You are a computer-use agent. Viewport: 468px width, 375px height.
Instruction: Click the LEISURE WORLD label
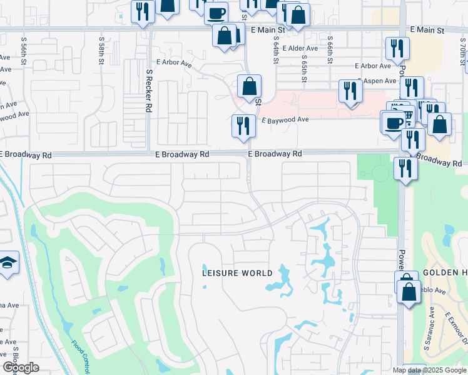point(237,273)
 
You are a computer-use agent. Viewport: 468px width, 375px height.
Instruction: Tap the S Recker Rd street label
point(149,91)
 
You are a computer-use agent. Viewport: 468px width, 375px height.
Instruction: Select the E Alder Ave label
point(300,48)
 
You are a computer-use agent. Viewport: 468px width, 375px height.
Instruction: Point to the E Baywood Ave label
point(285,119)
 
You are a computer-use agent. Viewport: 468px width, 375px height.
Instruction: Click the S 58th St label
point(101,47)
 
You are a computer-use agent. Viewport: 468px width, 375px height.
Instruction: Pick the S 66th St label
point(330,55)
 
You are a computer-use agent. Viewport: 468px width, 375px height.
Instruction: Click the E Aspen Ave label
point(377,81)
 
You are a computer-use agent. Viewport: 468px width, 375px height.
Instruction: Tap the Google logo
point(21,367)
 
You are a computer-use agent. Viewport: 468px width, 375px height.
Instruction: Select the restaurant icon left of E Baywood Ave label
point(243,126)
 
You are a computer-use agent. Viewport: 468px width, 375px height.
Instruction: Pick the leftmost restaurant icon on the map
point(143,12)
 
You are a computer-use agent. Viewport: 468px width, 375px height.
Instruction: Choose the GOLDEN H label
point(444,273)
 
